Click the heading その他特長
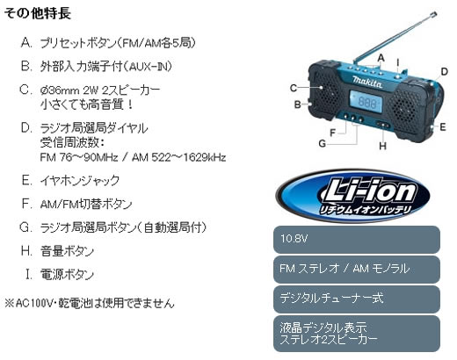(38, 13)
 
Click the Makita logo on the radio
(367, 82)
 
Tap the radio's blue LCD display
(366, 102)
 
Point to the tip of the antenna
(435, 13)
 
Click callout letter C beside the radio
(294, 88)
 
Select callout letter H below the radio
(382, 146)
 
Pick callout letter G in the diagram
(322, 143)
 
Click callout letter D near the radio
(445, 72)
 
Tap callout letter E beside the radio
(443, 126)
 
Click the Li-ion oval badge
(352, 196)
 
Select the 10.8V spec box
(357, 240)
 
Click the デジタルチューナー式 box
(357, 299)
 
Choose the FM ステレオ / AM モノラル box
(357, 270)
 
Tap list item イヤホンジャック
(80, 181)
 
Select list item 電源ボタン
(67, 275)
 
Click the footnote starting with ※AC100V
(90, 303)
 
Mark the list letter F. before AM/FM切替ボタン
(26, 204)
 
